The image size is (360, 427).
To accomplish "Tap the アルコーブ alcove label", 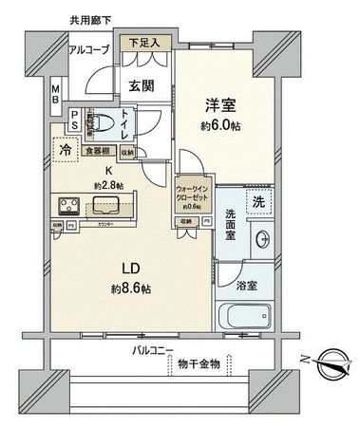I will click(x=90, y=49).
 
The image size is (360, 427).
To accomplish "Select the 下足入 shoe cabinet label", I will click(x=144, y=43).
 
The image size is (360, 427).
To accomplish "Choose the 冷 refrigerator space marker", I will click(x=65, y=149).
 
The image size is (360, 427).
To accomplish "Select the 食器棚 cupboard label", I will click(x=97, y=150).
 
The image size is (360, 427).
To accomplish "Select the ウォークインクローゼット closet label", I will click(x=194, y=195).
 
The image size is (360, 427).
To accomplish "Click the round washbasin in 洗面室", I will click(x=259, y=238).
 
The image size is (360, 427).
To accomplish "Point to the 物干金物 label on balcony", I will click(x=199, y=364).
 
